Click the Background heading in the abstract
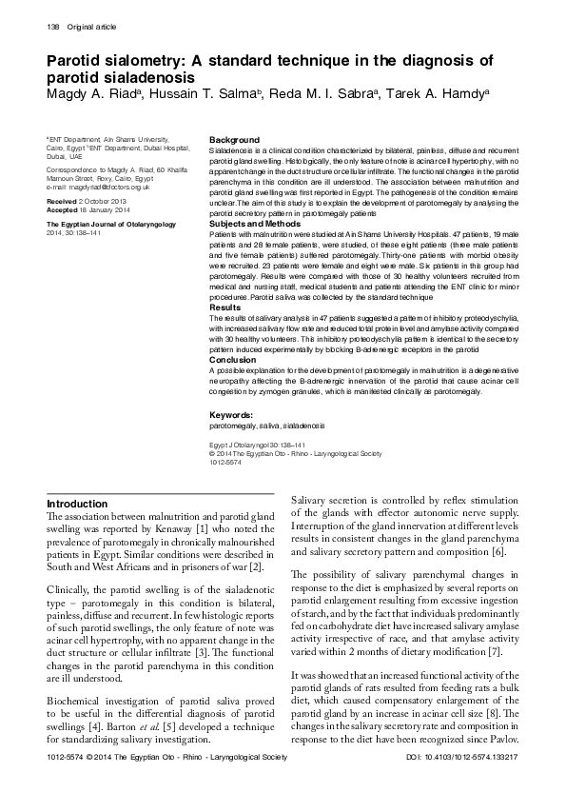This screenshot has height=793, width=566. pyautogui.click(x=233, y=140)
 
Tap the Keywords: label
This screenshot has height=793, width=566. pyautogui.click(x=231, y=415)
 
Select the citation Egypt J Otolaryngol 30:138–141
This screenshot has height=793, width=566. pyautogui.click(x=257, y=445)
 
